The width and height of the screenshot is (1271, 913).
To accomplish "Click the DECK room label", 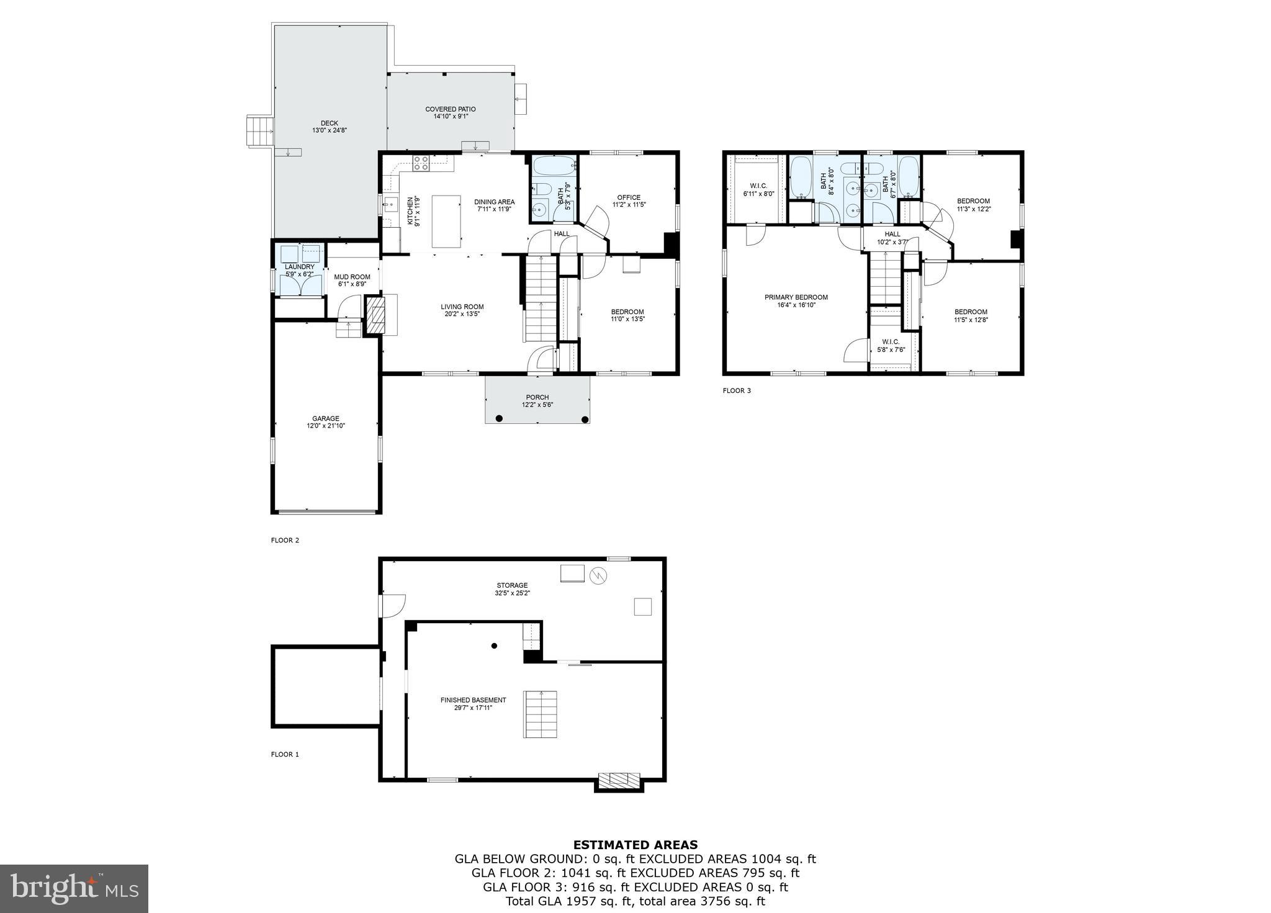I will click(x=330, y=123).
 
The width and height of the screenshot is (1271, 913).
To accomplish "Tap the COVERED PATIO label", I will click(x=451, y=109).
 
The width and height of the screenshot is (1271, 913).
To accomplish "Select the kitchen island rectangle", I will click(x=446, y=221).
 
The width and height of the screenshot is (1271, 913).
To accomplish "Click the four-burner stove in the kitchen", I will click(x=421, y=163).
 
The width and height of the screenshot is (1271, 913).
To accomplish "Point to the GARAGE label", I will click(x=325, y=418).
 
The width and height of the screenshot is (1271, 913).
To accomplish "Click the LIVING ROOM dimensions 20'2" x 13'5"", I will click(x=462, y=314).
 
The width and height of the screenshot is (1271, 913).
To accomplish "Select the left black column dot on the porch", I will click(x=499, y=419).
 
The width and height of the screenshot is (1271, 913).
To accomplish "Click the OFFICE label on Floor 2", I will click(x=629, y=197).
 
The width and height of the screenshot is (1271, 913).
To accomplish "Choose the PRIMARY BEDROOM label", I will click(x=796, y=297).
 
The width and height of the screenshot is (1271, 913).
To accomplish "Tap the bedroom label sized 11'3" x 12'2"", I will click(x=973, y=200).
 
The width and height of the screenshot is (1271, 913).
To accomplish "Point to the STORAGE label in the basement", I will click(x=512, y=585).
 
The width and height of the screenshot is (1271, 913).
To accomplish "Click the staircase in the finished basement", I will click(x=541, y=714).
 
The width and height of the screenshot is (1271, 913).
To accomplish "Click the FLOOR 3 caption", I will click(x=737, y=390).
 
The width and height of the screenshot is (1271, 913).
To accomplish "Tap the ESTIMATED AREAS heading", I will click(x=635, y=845).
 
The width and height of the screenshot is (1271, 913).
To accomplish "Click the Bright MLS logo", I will click(x=74, y=889).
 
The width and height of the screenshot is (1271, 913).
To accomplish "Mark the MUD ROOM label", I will click(x=352, y=277).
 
